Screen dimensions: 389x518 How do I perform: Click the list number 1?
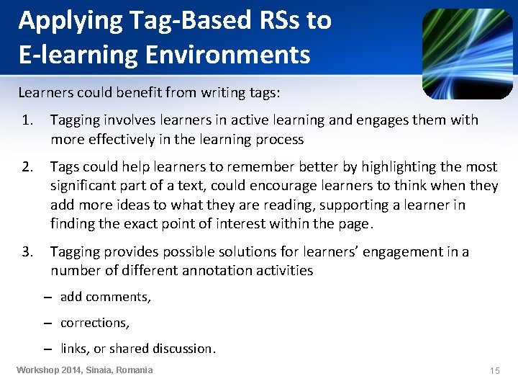coord(27,120)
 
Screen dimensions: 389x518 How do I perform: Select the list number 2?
coord(27,167)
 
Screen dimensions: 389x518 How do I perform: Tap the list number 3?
coord(27,252)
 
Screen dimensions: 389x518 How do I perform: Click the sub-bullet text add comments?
coord(105,297)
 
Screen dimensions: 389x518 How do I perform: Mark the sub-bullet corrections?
coord(94,323)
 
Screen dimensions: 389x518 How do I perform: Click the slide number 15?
coord(494,370)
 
